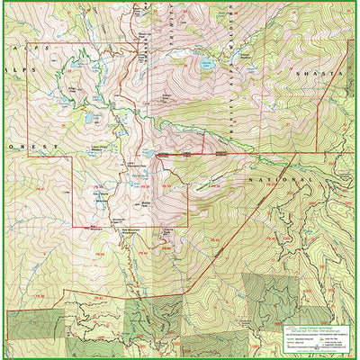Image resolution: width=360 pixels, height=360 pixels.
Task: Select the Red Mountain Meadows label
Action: point(133,230)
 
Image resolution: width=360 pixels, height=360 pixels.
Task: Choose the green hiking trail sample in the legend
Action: point(290,338)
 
